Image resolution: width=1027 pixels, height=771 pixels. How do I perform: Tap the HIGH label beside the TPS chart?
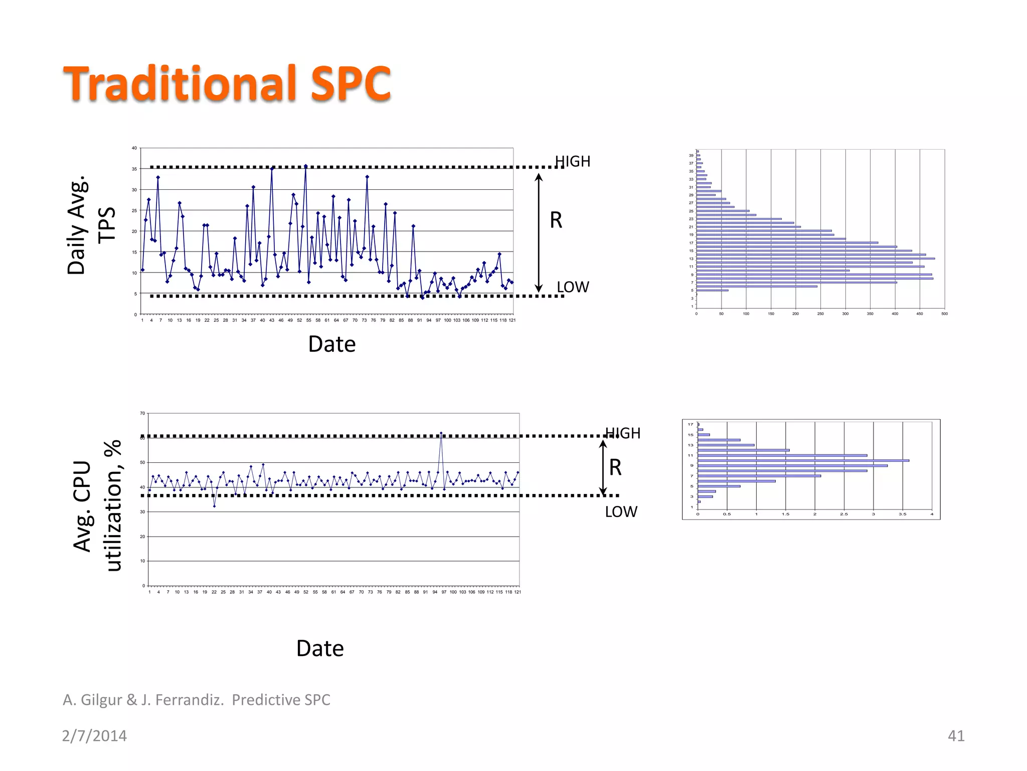tap(573, 162)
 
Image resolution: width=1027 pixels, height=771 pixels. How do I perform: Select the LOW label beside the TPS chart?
tap(573, 287)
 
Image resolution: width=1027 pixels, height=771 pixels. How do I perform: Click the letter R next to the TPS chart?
tap(556, 220)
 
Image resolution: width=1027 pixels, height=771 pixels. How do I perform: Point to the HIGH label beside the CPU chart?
tap(623, 433)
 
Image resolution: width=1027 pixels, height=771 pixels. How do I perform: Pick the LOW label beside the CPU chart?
tap(621, 512)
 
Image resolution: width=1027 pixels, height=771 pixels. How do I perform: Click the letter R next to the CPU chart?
tap(615, 468)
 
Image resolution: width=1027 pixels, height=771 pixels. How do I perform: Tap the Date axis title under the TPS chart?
tap(332, 344)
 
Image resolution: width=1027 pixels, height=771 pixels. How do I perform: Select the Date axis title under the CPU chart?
tap(320, 649)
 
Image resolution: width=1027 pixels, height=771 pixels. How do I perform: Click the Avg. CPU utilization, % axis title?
tap(97, 506)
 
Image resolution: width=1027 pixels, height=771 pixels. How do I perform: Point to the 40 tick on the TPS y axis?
tap(134, 149)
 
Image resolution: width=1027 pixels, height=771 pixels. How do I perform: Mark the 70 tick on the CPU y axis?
tap(142, 414)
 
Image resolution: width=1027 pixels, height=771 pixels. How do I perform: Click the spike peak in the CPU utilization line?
tap(441, 433)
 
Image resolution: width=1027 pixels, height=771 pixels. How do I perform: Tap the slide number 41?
tap(956, 736)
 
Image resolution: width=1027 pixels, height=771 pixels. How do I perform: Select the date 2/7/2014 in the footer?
tap(94, 736)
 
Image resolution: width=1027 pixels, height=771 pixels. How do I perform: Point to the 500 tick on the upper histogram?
tap(944, 314)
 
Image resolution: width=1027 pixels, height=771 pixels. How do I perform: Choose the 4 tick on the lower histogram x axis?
tap(932, 514)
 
